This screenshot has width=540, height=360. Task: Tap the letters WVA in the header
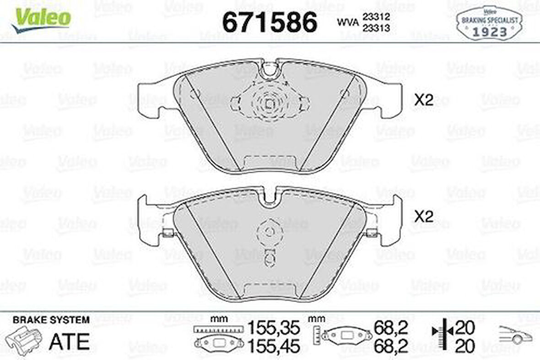pos(347,22)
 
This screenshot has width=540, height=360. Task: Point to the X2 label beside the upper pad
pos(423,100)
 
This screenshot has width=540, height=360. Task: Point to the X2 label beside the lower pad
pos(423,216)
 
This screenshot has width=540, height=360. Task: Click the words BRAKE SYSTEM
pos(51,320)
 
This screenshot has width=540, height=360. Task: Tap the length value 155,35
pos(274,328)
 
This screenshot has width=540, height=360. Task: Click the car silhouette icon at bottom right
pos(515,336)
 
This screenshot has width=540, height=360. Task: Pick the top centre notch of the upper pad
pos(270,70)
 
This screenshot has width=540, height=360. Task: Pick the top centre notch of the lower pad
pos(270,196)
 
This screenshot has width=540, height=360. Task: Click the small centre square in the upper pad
pos(270,104)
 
